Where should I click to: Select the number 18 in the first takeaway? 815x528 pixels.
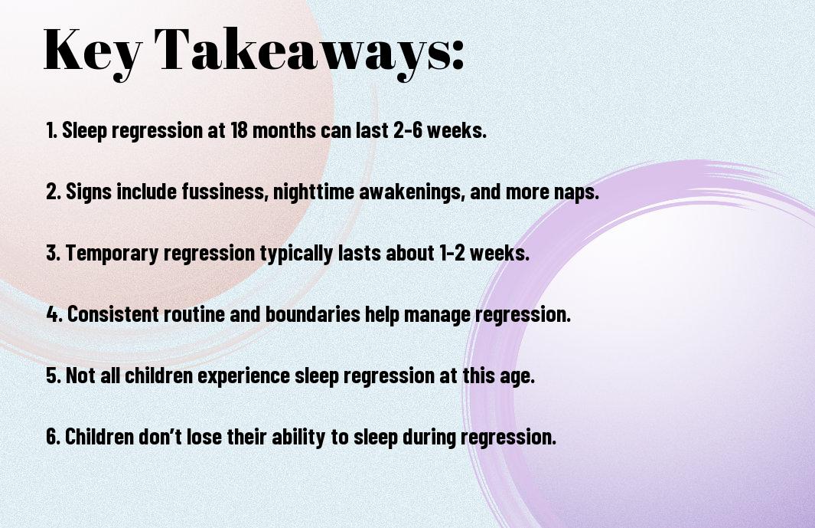click(x=239, y=130)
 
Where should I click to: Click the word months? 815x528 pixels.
click(x=284, y=130)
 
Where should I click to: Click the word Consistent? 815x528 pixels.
click(x=112, y=314)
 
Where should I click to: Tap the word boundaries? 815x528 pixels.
click(x=313, y=314)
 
